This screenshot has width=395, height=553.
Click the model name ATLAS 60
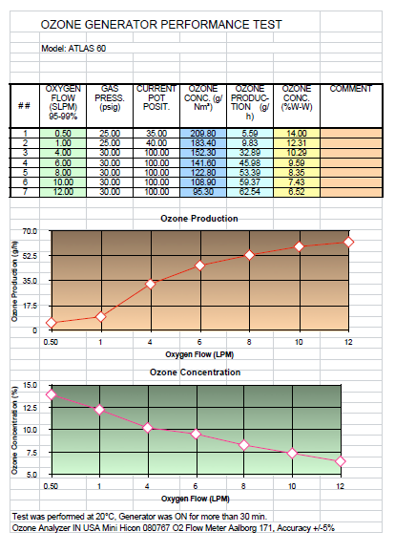87,49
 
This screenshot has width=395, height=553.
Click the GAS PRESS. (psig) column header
110,97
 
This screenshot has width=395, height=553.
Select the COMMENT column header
350,89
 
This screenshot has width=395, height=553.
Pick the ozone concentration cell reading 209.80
203,134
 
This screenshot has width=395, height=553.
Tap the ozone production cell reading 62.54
250,192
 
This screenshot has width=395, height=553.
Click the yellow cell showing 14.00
297,134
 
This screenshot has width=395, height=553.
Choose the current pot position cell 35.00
156,134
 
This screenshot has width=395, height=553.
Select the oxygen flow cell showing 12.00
63,192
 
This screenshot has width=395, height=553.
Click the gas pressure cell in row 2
110,143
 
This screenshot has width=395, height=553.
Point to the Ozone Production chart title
199,219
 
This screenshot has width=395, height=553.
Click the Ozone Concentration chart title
196,372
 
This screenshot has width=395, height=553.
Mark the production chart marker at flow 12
348,242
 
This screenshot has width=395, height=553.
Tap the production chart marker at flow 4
151,284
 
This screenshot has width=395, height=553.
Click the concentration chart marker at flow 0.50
52,394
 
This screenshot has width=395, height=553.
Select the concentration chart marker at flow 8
244,445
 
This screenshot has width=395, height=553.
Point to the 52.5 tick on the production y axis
30,256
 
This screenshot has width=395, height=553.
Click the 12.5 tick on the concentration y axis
30,408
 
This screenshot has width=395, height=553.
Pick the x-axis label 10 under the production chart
299,342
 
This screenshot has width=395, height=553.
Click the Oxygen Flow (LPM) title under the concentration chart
196,499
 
